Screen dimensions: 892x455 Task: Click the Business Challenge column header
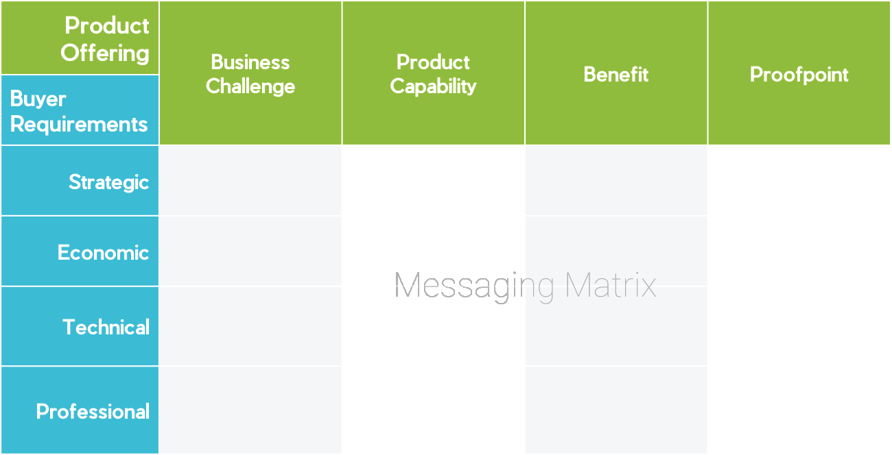coord(250,74)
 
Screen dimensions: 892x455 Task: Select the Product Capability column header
coord(433,74)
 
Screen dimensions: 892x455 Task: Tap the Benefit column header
coord(615,74)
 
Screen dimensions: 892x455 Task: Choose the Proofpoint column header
coord(799,74)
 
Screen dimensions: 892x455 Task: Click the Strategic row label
coord(108,182)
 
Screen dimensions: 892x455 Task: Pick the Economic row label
coord(103,252)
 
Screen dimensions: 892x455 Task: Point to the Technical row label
coord(106,327)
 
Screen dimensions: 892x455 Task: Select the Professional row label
coord(93,411)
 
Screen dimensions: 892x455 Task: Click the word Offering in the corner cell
coord(105,53)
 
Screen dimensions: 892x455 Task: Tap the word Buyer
coord(38,99)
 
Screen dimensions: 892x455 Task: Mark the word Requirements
coord(79,124)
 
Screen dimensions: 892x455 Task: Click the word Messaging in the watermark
coord(474,285)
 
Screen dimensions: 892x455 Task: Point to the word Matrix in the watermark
coord(610,285)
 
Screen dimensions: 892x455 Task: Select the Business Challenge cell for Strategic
coord(250,181)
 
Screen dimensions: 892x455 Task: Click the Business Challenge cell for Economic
coord(250,251)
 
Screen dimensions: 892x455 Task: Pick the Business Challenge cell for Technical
coord(250,326)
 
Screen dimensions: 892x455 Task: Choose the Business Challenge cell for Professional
coord(250,410)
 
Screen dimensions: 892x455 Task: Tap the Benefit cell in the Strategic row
coord(615,181)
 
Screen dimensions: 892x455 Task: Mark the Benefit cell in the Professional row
coord(615,410)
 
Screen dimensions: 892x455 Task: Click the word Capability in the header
coord(433,86)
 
